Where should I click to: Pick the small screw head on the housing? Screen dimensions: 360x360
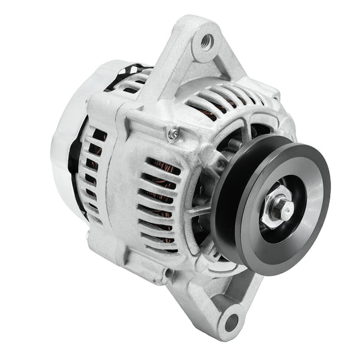(174, 135)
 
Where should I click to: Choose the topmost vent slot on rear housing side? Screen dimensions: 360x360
(99, 135)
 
